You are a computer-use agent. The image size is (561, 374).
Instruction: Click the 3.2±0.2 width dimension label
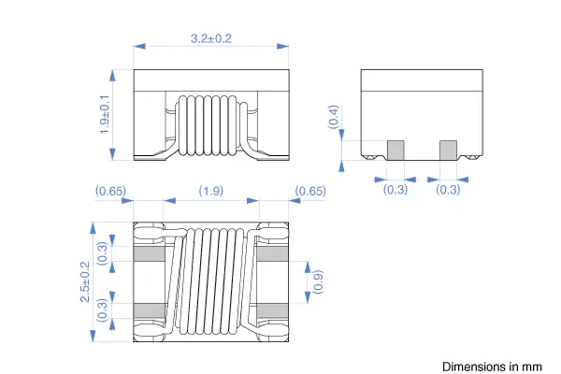click(x=211, y=38)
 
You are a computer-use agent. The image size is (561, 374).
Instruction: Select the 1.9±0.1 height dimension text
click(x=104, y=114)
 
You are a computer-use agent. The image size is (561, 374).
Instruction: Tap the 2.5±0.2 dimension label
click(x=85, y=281)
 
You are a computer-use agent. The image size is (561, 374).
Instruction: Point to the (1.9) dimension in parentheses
click(x=211, y=191)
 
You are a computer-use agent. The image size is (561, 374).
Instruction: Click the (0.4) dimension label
click(x=333, y=117)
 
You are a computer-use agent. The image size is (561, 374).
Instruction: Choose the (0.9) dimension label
click(x=318, y=281)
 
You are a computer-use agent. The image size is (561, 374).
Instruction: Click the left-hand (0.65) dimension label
click(x=110, y=191)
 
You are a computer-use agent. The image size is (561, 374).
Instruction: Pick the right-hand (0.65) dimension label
click(x=310, y=191)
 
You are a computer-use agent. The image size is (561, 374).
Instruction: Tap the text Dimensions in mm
click(x=492, y=367)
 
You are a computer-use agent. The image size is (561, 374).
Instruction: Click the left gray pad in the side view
click(x=396, y=150)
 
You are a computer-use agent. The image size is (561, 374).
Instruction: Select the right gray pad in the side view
click(x=448, y=150)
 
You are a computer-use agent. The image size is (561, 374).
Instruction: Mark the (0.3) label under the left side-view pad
click(x=396, y=189)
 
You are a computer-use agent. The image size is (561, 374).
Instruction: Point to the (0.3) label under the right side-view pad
click(x=448, y=189)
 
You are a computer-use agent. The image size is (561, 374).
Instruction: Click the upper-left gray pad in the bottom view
click(x=150, y=253)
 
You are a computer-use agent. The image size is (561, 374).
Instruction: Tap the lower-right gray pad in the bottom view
click(x=273, y=310)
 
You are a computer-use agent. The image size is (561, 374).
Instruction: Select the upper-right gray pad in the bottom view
click(x=273, y=253)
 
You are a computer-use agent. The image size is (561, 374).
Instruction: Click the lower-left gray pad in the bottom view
click(x=150, y=310)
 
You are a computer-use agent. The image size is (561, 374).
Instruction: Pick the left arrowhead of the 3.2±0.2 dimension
click(x=139, y=46)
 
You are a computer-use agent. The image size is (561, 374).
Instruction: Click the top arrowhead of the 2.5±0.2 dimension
click(x=93, y=228)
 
